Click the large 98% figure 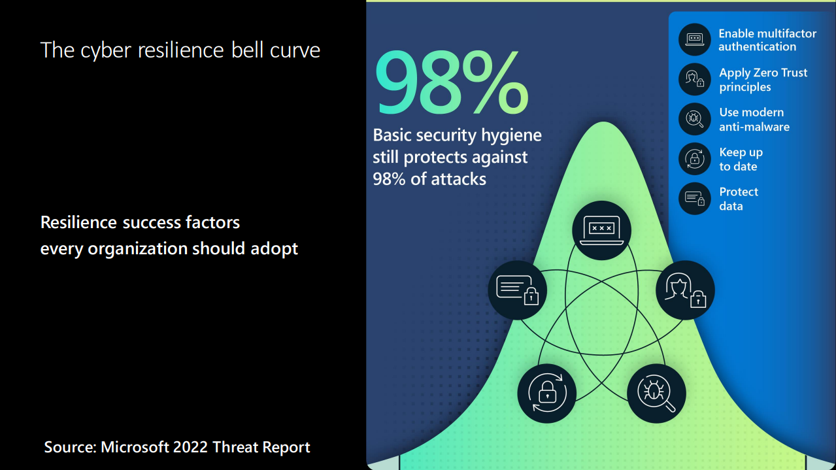(450, 84)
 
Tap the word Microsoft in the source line (135, 447)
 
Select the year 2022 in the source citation (191, 447)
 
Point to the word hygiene (511, 135)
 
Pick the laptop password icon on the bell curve (601, 229)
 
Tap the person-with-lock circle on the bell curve (685, 290)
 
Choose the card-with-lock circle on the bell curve (517, 290)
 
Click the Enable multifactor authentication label (767, 40)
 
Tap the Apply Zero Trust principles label (763, 80)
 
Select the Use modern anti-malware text (754, 120)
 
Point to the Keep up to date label (741, 159)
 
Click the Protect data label (738, 199)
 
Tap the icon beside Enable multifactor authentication (694, 40)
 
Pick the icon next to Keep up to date (694, 159)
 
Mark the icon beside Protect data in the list (694, 198)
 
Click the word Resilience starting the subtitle (78, 222)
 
